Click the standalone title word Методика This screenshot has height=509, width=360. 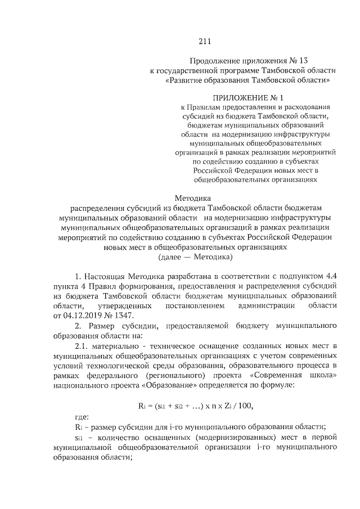(x=192, y=197)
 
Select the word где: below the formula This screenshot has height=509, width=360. (x=82, y=418)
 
